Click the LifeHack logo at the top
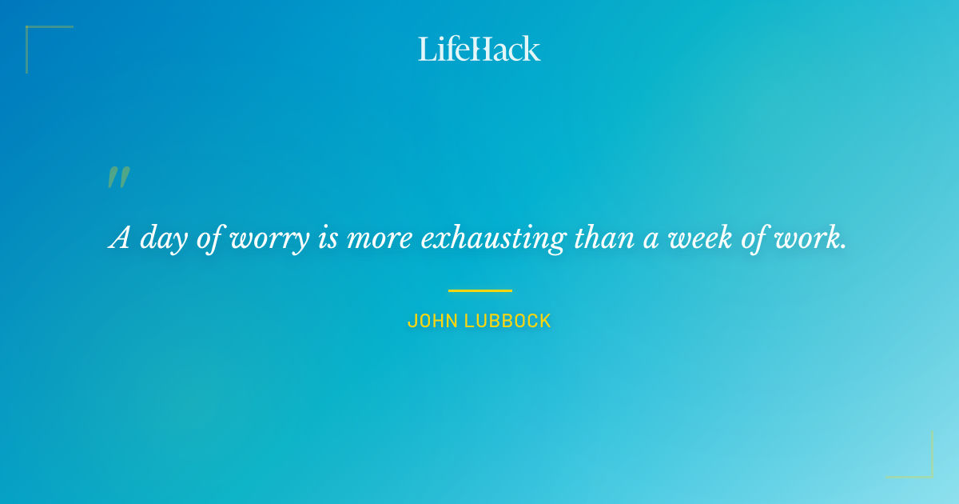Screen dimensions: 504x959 coord(479,49)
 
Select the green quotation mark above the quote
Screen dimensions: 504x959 coord(118,178)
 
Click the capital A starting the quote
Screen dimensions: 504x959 coord(120,238)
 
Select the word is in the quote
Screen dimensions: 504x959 coord(328,238)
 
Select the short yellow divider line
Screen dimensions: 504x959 coord(479,290)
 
